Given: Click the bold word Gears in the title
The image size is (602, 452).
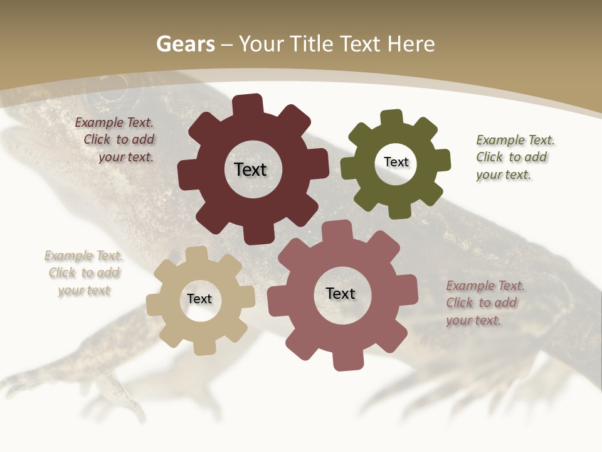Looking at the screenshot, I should (x=185, y=44).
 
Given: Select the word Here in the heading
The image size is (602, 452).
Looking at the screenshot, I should (x=411, y=44).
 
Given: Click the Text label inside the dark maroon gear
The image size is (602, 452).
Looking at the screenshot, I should (x=250, y=169).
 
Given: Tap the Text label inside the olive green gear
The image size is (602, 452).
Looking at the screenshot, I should (x=396, y=162).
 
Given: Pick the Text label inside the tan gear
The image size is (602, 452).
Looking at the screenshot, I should (x=199, y=299).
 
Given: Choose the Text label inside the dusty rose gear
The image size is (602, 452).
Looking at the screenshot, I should (x=341, y=293).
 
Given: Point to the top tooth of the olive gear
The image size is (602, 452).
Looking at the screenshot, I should (x=392, y=118).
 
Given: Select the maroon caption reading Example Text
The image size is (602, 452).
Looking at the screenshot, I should (x=114, y=123).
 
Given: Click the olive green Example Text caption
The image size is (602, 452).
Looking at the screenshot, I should (x=515, y=140).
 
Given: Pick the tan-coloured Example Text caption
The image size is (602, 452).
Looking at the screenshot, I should (x=83, y=256).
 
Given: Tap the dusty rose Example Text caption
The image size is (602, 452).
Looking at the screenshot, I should (x=485, y=286).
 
